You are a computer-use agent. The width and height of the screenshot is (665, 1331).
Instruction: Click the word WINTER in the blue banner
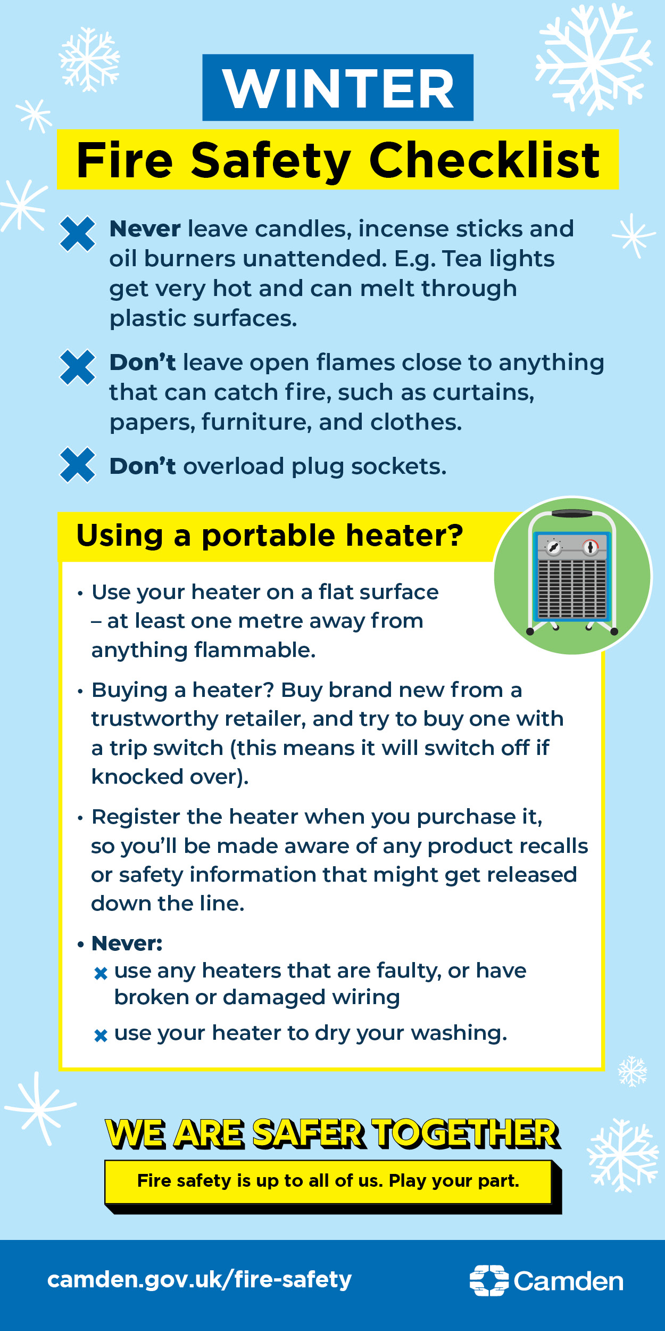pos(338,88)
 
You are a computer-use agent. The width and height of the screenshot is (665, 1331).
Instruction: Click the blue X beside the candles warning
pos(78,234)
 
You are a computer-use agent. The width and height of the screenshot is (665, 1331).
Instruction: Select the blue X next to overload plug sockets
pos(78,465)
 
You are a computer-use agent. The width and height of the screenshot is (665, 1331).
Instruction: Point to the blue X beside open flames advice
pos(78,367)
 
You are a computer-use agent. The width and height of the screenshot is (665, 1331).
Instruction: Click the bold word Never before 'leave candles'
pos(145,229)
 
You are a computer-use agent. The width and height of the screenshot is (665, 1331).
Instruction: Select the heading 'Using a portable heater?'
pos(270,536)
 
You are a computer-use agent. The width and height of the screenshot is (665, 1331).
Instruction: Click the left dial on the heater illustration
pos(554,547)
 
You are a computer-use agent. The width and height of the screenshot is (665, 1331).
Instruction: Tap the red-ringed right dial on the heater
pos(591,547)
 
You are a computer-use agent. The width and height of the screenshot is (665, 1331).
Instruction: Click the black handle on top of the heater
pos(572,513)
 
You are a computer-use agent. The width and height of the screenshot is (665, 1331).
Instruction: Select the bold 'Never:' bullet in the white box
pos(127,943)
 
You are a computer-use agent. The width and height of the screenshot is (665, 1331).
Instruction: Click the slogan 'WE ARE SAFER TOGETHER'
pos(333,1133)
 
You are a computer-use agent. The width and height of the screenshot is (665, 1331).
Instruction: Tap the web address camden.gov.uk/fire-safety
pos(199,1279)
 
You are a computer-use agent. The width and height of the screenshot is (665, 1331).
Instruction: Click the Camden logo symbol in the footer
pos(489,1280)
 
